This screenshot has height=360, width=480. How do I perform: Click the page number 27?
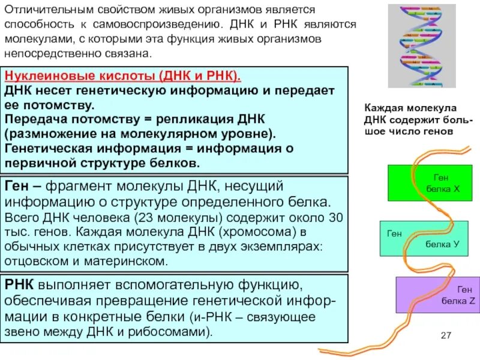[445, 335]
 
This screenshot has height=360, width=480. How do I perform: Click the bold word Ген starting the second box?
[17, 186]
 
